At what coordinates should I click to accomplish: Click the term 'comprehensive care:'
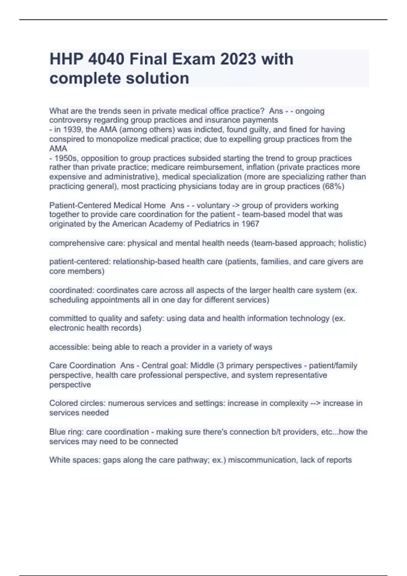click(x=87, y=243)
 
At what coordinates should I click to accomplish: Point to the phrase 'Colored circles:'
click(x=77, y=403)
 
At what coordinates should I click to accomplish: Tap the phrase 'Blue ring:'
click(x=66, y=432)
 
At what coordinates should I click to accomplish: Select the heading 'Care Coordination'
click(x=82, y=366)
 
